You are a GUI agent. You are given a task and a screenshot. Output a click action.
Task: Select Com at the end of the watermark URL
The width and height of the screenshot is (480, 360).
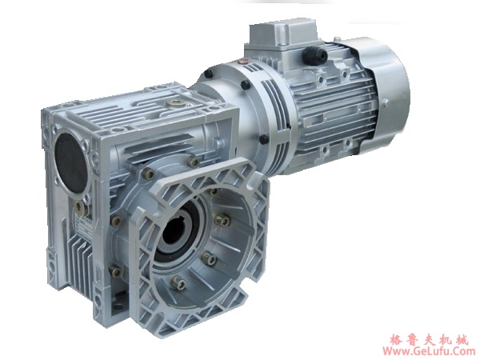point(463,350)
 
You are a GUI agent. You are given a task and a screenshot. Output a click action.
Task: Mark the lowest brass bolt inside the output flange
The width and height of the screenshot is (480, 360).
point(174,281)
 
